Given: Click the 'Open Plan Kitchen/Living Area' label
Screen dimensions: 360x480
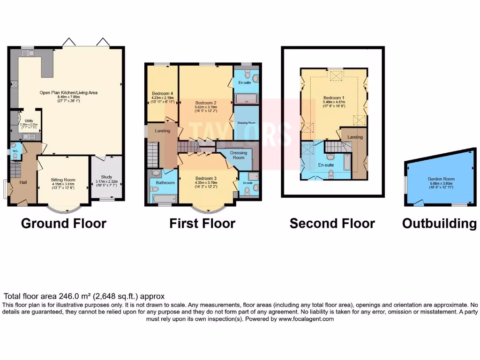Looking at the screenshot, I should tap(68, 93).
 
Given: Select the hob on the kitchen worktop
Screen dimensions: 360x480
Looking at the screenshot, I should tap(14, 85).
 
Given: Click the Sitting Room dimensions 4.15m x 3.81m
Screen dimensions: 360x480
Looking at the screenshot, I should tap(63, 184).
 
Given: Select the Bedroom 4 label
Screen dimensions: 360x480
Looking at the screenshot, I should tap(162, 93).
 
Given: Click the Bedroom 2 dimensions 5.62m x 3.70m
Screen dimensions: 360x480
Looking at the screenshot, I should tap(205, 107).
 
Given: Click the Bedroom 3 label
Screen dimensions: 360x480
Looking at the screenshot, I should tap(206, 178).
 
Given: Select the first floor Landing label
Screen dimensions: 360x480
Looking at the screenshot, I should tap(163, 131).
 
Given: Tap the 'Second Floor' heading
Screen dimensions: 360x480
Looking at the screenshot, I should tap(332, 224).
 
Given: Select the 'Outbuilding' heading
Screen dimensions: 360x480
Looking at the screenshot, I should tap(439, 224).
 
